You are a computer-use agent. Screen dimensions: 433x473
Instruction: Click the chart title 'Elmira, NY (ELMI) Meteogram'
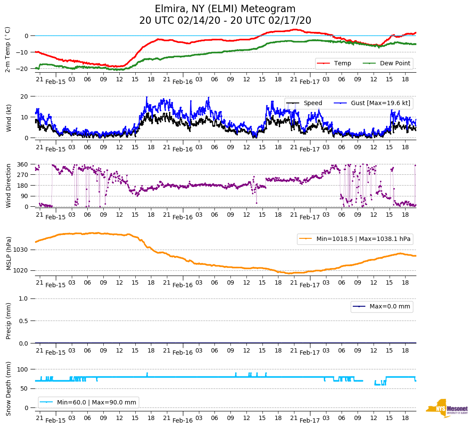(225, 9)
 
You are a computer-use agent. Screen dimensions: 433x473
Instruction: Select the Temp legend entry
(334, 64)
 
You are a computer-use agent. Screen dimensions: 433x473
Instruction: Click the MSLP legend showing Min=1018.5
(354, 239)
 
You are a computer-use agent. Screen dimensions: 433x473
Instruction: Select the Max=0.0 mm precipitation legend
(382, 307)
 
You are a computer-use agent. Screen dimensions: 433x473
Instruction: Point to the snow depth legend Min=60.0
(88, 403)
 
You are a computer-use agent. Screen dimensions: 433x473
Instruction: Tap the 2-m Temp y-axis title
(8, 49)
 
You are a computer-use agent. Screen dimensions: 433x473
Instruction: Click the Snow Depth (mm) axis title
(8, 388)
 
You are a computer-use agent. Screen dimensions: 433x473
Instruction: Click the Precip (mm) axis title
(8, 321)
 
